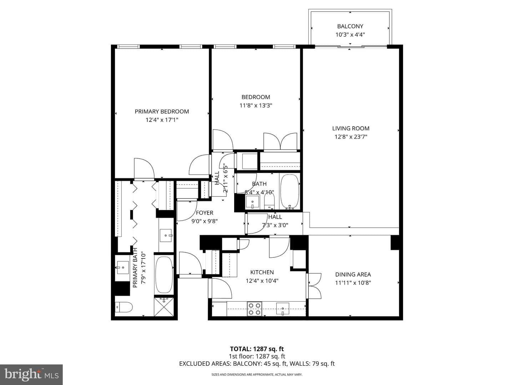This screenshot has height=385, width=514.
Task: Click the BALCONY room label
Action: (x=350, y=26)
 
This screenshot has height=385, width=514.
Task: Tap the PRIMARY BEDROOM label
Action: (x=162, y=112)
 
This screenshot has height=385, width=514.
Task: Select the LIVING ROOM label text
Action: (x=351, y=128)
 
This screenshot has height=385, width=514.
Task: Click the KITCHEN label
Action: (x=262, y=272)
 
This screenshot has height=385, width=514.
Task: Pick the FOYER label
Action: (x=205, y=213)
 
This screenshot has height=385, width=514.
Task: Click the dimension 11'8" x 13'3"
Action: (x=256, y=106)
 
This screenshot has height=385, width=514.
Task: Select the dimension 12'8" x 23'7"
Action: (x=351, y=137)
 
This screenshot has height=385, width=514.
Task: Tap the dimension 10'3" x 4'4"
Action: (x=350, y=35)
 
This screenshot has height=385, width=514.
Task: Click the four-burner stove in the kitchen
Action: (x=255, y=309)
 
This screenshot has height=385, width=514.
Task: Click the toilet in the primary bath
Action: (x=124, y=307)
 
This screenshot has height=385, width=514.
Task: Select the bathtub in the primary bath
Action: (x=164, y=275)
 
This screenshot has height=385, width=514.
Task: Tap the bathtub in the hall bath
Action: (x=290, y=191)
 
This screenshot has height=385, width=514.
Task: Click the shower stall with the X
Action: (x=164, y=307)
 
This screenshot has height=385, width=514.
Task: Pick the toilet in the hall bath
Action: (x=269, y=201)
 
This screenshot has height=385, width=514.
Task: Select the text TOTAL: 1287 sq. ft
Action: (x=257, y=349)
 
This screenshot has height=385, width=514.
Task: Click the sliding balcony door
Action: (x=351, y=47)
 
